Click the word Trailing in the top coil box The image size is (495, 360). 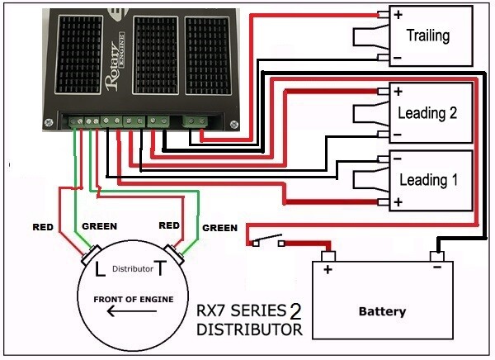point(428,36)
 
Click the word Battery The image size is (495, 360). point(382,312)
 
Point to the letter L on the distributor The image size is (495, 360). point(100,268)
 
